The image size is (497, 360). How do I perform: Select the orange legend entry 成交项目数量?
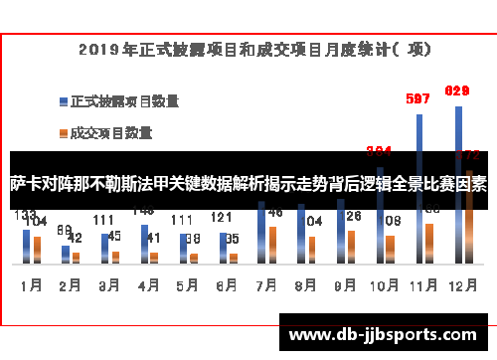click(110, 131)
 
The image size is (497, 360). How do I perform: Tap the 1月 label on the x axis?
click(31, 284)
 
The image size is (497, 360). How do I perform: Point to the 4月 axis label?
click(148, 284)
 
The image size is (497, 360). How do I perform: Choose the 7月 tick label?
click(265, 284)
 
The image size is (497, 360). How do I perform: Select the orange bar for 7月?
click(271, 244)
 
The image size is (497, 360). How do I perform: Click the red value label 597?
click(418, 98)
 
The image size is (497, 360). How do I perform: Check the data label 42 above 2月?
click(75, 239)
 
